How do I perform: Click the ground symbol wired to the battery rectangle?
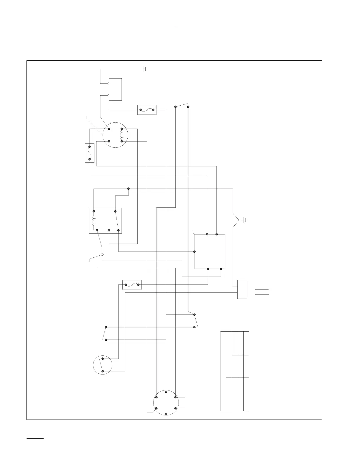point(145,69)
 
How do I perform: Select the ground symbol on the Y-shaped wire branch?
point(246,220)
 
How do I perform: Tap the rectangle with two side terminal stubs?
point(115,89)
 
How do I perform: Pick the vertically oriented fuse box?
point(89,153)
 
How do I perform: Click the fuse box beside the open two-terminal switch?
point(147,110)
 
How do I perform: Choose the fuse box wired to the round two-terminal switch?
point(132,285)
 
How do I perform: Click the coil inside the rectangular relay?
point(94,220)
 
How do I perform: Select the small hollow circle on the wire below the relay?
point(102,255)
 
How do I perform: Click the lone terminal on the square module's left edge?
point(194,252)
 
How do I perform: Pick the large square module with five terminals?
point(209,252)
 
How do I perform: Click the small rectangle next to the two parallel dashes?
point(242,289)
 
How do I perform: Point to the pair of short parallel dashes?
point(262,292)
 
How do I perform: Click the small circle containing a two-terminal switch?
point(103,365)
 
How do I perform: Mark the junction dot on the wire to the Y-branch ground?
point(128,189)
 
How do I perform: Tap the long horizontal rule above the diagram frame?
point(101,27)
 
